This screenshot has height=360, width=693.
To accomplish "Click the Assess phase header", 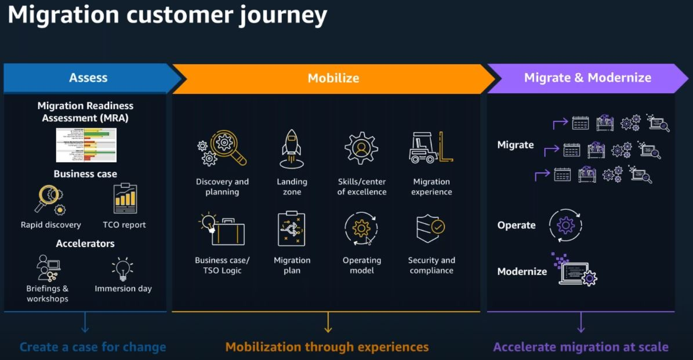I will [88, 78].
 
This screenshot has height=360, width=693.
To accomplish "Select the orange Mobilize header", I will [333, 78].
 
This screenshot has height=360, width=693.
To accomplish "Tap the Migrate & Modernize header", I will [587, 78].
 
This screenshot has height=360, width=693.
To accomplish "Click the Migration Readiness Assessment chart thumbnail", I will [86, 145].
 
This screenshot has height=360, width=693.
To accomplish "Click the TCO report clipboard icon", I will [125, 199].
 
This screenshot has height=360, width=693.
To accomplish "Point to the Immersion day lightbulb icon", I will [122, 269].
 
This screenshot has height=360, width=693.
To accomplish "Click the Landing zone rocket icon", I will [291, 148].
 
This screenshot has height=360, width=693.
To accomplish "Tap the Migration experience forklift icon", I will [431, 148].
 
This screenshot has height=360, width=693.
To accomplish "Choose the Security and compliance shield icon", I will [430, 228].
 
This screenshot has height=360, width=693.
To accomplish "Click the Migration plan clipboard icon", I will [291, 229].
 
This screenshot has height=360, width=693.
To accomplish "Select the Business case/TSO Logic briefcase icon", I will [222, 230].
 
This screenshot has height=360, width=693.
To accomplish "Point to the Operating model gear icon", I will [361, 228].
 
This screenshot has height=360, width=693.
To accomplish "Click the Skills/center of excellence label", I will [361, 187].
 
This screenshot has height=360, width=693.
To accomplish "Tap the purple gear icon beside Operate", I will [565, 225].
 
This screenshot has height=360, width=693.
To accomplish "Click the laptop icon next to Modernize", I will [575, 270].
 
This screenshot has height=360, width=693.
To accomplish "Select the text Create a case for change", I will [93, 347].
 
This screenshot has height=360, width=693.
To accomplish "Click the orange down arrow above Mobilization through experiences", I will [328, 322].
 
